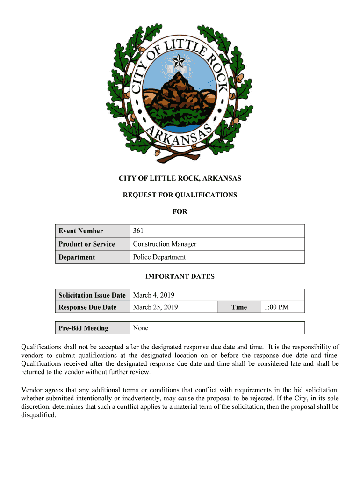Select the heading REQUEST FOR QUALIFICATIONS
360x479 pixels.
tap(180, 195)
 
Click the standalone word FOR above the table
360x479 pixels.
tap(180, 211)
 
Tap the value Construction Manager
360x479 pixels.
tap(165, 244)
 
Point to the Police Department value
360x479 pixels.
tap(159, 257)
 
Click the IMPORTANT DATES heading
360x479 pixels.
tap(180, 276)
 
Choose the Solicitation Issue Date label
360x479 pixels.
tap(92, 295)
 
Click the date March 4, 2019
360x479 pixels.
tap(154, 295)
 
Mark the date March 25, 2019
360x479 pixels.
tap(156, 307)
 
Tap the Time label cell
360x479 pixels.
tap(239, 307)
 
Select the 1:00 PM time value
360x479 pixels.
tap(276, 307)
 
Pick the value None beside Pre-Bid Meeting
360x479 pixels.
tap(141, 328)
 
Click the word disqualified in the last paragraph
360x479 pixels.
tap(39, 414)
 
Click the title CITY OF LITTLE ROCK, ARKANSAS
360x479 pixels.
tap(180, 178)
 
